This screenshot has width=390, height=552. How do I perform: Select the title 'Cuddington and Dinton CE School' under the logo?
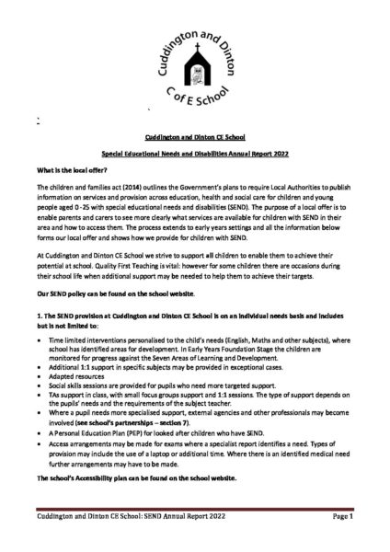pos(195,135)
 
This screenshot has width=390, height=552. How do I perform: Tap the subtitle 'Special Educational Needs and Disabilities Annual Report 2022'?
pos(195,154)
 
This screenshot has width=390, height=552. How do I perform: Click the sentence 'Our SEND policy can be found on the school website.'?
pos(127,291)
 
